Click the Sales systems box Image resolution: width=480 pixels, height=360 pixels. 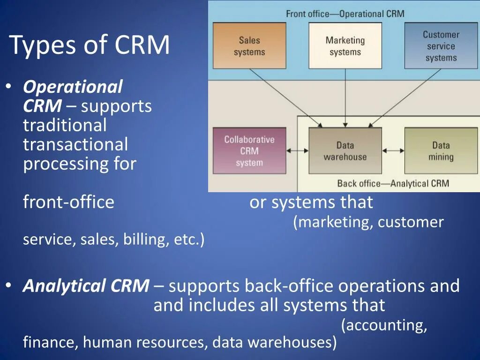(249, 45)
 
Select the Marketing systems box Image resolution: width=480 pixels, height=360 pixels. (345, 45)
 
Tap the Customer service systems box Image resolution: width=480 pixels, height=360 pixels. (441, 45)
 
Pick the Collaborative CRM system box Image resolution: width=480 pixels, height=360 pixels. (249, 151)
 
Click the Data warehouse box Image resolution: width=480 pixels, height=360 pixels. (345, 151)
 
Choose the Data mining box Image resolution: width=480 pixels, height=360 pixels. (441, 151)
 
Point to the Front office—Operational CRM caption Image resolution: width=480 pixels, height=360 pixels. (345, 14)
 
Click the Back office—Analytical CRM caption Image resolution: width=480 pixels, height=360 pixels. (393, 183)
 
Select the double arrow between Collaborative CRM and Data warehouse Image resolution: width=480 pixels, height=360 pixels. (297, 151)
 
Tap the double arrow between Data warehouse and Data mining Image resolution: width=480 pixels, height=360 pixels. (393, 151)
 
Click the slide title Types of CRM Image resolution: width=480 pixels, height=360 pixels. (90, 45)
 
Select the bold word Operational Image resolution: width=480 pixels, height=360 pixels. (73, 87)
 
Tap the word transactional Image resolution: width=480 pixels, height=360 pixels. (75, 144)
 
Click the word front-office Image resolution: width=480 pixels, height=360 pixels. (68, 202)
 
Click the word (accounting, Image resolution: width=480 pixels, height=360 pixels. (384, 325)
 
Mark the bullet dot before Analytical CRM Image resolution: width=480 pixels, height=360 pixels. (9, 285)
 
